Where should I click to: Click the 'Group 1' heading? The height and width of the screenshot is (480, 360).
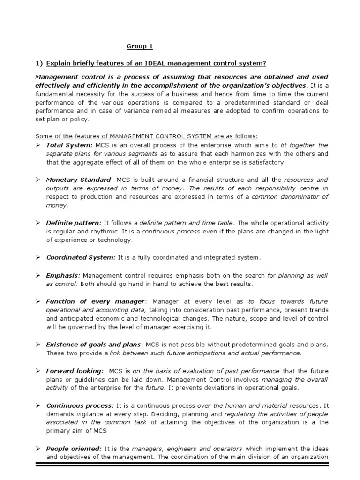coord(140,46)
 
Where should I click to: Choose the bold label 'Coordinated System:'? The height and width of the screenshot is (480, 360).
coord(81,257)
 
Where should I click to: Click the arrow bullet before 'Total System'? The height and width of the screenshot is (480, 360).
coord(38,145)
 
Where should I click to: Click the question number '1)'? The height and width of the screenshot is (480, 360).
coord(39,63)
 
